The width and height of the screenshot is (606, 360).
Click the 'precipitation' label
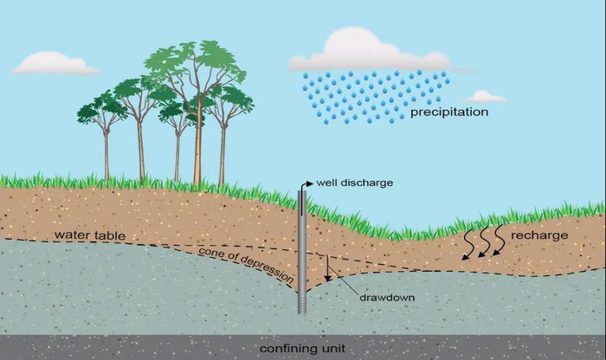[x=449, y=112]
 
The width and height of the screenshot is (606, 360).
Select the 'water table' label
[x=82, y=235]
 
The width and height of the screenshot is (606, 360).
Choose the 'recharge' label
[x=539, y=235]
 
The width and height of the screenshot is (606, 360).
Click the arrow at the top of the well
[x=305, y=183]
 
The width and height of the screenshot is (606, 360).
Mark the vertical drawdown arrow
[x=328, y=268]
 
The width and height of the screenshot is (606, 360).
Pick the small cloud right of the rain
[x=486, y=96]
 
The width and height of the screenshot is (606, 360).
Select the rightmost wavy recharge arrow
[x=499, y=241]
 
